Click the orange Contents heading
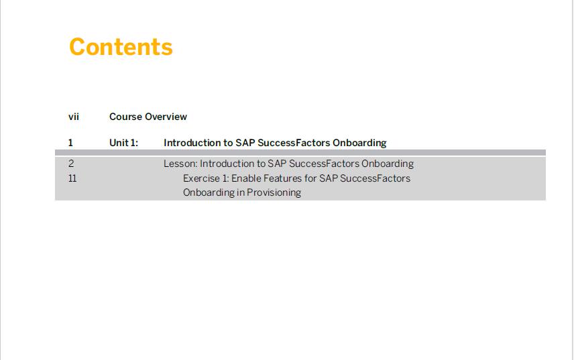coord(121,47)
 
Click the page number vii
coord(74,117)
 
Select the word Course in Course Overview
coord(125,117)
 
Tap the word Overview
coord(166,117)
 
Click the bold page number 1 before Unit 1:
coord(70,143)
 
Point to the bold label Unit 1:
coord(124,143)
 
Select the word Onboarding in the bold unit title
coord(359,143)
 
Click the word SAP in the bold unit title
coord(245,143)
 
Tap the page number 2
coord(71,164)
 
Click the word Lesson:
coord(180,164)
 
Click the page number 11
coord(72,178)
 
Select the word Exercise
coord(201,178)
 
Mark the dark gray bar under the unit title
coord(300,152)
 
